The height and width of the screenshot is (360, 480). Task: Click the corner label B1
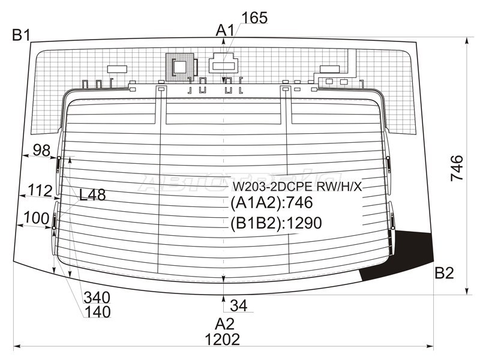(21, 35)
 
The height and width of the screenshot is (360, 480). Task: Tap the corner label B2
(444, 273)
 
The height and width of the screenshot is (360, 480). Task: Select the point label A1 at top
(225, 31)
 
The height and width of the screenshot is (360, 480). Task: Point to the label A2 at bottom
(224, 324)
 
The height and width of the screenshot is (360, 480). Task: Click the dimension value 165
(254, 18)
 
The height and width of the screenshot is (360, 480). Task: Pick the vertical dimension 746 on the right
(457, 168)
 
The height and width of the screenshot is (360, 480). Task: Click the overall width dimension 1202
(222, 340)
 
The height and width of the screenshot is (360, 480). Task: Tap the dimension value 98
(41, 151)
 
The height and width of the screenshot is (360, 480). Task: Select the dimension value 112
(40, 190)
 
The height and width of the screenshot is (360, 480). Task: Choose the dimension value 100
(36, 218)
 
